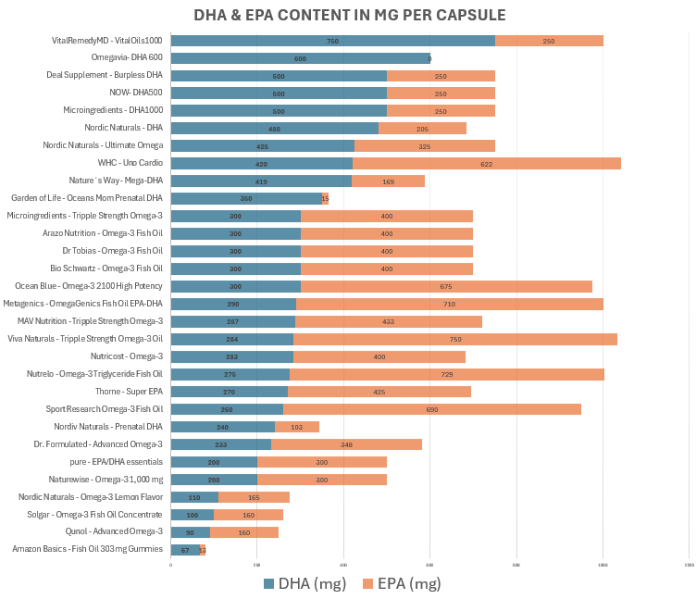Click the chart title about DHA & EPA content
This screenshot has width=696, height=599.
pos(350,16)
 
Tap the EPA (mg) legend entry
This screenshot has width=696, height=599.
pos(401,583)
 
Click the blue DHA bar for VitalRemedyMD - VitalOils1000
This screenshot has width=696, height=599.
pos(332,41)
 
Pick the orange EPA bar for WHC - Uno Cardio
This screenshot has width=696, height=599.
pos(486,164)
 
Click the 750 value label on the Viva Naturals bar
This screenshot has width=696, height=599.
pos(455,340)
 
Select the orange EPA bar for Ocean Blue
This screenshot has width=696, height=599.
pos(446,287)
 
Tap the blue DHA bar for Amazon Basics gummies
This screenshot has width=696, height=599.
pos(185,550)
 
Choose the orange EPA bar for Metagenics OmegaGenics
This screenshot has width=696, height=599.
pos(450,305)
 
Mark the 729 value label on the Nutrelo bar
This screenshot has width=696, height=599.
pos(447,375)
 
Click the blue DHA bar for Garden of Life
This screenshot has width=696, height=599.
pos(246,199)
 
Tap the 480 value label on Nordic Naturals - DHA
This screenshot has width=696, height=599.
pos(275,129)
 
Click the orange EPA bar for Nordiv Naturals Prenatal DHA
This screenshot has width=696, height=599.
pos(297,428)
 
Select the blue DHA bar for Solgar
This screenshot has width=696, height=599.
pos(193,515)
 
